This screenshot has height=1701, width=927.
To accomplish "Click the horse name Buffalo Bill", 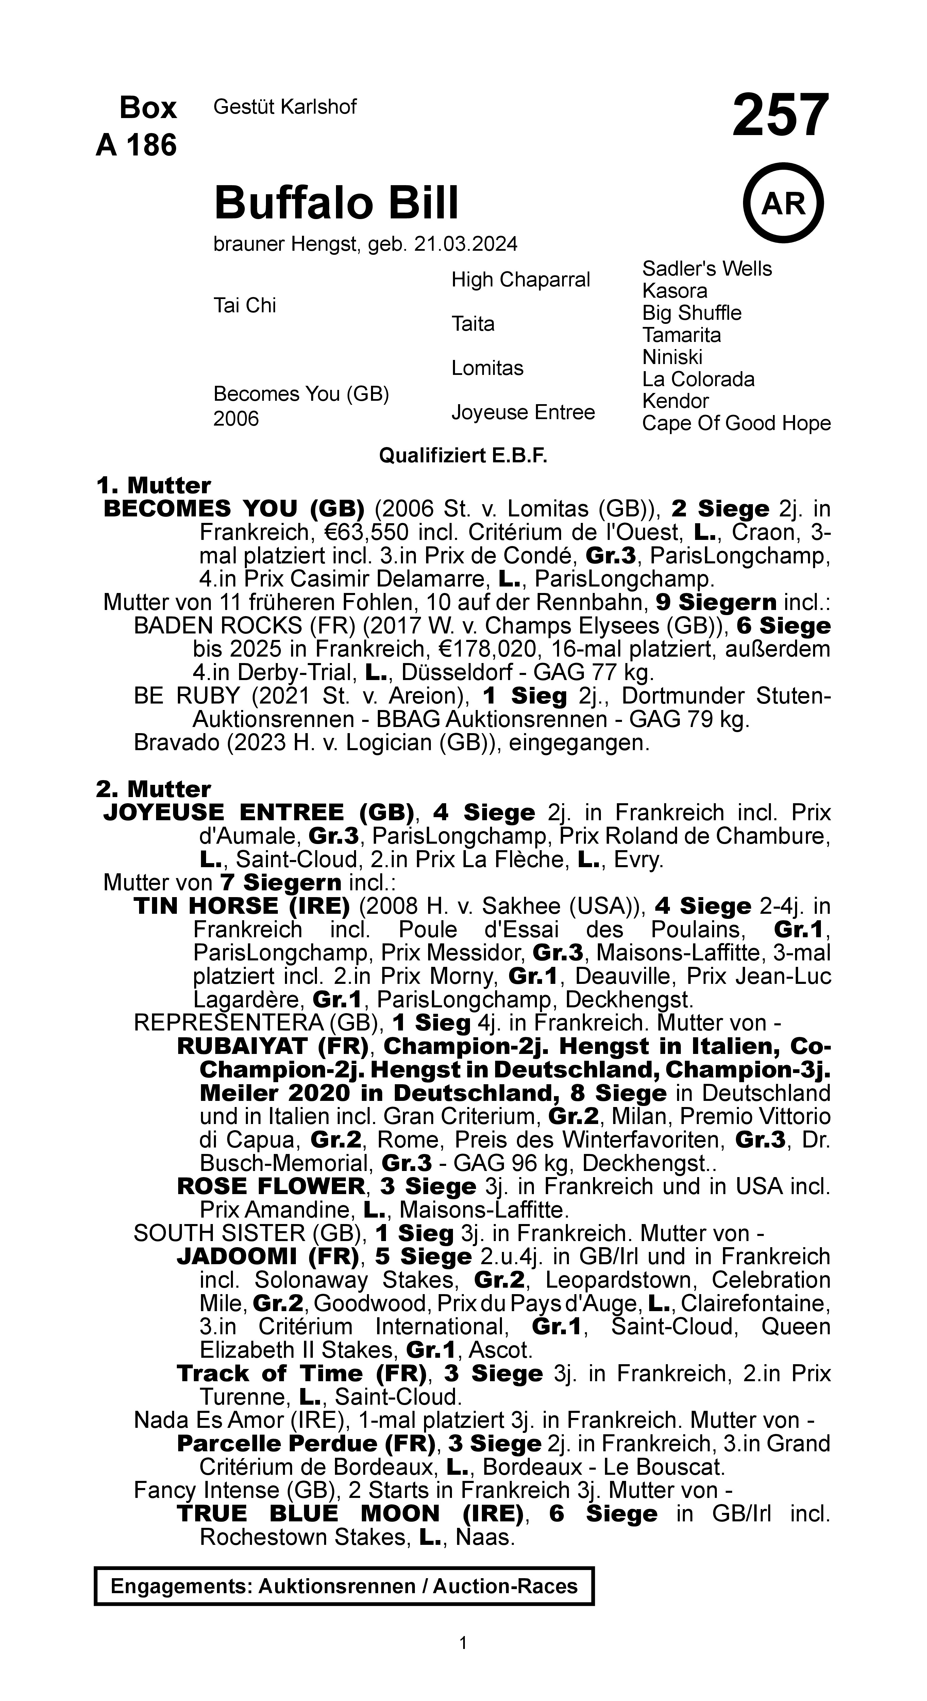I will point(336,203).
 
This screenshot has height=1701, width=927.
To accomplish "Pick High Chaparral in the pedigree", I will point(520,280).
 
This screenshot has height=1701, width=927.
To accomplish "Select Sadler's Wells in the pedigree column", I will point(707,269).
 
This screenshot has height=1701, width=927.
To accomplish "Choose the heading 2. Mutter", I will point(153,789).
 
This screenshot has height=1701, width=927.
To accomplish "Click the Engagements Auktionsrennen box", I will point(344,1586).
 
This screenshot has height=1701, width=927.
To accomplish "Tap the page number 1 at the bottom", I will point(463,1643).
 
